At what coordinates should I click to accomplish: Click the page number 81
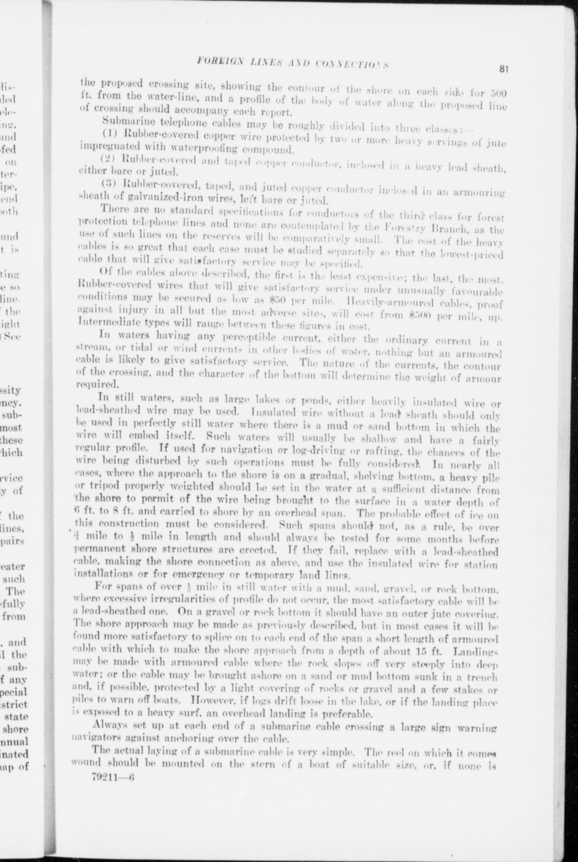503,69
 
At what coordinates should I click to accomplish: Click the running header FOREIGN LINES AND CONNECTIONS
293,62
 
